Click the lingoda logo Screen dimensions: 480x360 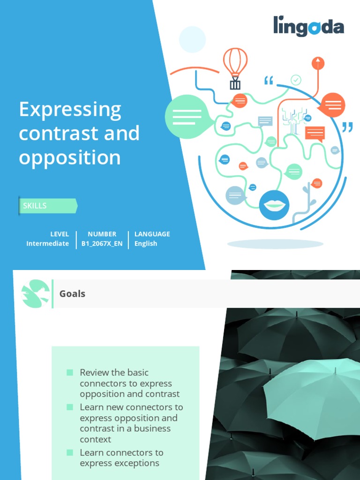[308, 26]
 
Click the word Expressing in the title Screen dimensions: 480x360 [70, 111]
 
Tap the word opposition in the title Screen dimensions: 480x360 [70, 157]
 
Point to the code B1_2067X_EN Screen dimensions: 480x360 [102, 244]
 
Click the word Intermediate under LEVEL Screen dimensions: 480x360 [47, 244]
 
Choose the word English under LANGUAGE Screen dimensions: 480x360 [146, 244]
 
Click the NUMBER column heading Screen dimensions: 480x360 [102, 234]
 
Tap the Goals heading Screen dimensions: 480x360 [72, 294]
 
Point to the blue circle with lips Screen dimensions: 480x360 [274, 205]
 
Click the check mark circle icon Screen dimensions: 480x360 [296, 80]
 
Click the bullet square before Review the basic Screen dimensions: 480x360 [70, 373]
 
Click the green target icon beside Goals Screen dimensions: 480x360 [36, 294]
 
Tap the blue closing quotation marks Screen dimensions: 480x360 [347, 127]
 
